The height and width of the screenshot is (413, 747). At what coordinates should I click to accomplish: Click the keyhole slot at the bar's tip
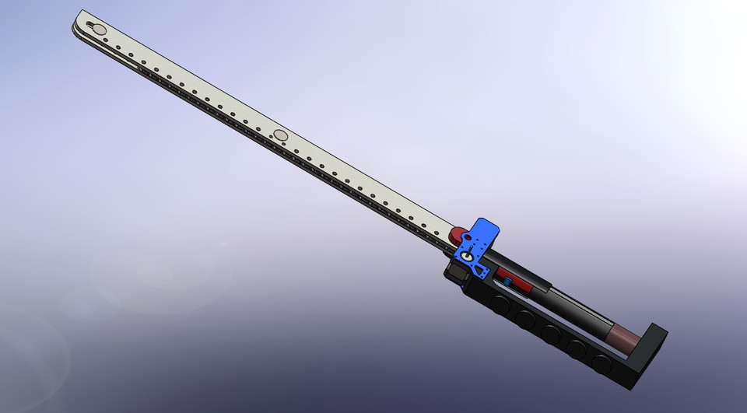pos(99,29)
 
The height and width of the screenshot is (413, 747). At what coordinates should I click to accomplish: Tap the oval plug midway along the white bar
pos(281,136)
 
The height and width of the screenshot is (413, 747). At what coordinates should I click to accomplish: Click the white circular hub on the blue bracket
pos(467,256)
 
